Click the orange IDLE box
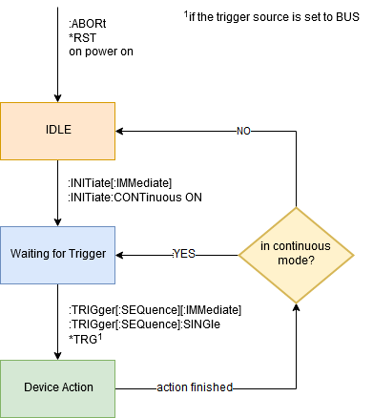pos(57,130)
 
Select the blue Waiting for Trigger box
pos(57,254)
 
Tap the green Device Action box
pos(57,388)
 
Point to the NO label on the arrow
pos(244,130)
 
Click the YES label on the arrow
pos(183,255)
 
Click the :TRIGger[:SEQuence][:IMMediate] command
pos(154,309)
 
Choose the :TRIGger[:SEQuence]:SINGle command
pos(144,324)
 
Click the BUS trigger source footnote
pos(270,17)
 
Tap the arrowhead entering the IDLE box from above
pos(57,97)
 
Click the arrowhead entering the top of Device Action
pos(57,355)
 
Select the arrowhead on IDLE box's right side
pos(120,130)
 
